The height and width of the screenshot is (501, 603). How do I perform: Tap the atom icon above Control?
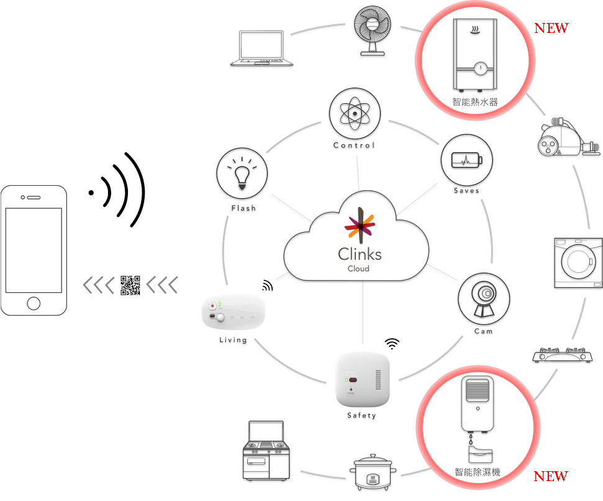point(354,113)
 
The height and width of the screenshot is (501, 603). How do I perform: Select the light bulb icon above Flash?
point(242,173)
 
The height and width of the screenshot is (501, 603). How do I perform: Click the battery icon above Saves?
point(466,160)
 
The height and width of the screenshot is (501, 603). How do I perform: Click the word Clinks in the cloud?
point(360,254)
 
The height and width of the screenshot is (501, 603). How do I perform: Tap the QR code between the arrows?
point(130,285)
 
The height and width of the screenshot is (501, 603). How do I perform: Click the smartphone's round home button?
point(34,303)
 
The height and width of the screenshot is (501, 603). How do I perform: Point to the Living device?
point(234,310)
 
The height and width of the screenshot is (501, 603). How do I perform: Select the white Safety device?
point(363,379)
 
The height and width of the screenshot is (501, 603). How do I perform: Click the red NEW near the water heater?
point(551,28)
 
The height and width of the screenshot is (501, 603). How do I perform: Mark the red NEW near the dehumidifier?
point(551,476)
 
